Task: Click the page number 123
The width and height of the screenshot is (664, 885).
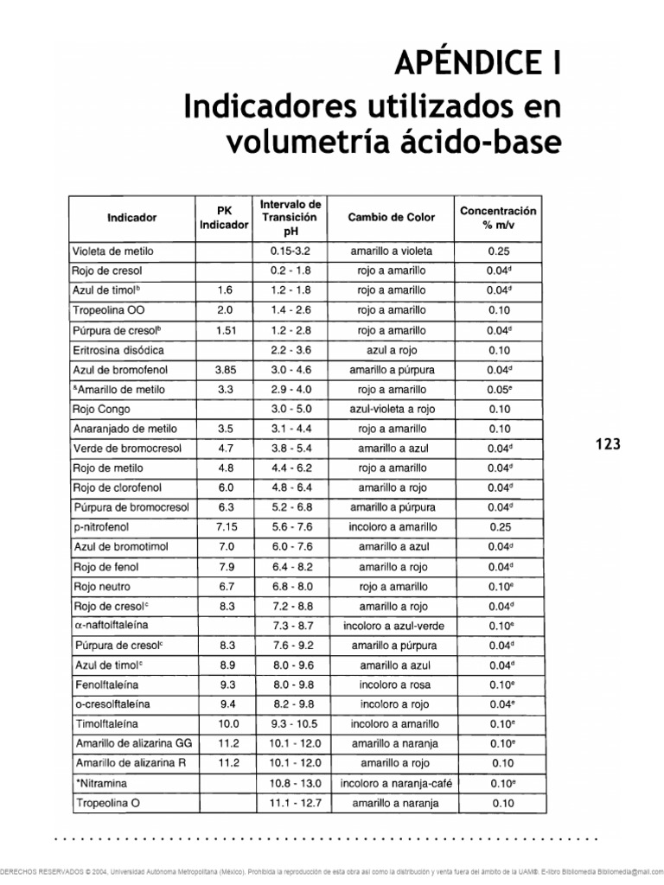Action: tap(609, 444)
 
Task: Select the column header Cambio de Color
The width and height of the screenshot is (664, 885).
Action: tap(391, 218)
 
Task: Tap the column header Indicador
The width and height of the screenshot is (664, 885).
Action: tap(131, 218)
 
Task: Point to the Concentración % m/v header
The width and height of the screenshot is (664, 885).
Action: tap(498, 218)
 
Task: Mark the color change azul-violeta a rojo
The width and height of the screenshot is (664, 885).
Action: tap(391, 409)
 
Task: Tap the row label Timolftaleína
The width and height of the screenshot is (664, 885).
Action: tap(107, 723)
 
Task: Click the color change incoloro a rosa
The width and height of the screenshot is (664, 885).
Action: tap(391, 684)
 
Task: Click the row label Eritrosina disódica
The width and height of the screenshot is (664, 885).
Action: tap(118, 350)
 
